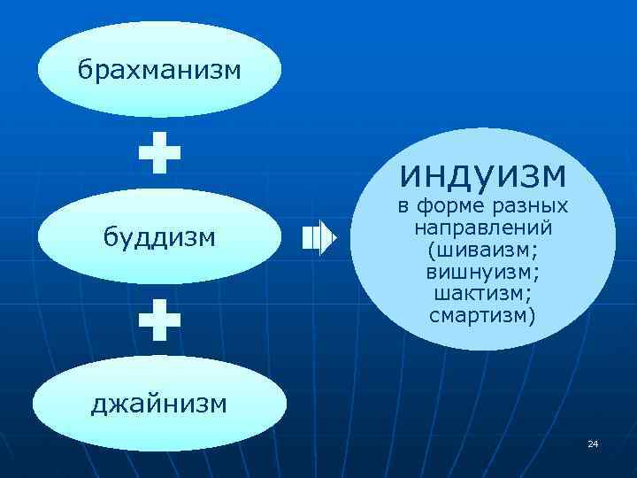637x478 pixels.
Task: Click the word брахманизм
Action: [x=158, y=69]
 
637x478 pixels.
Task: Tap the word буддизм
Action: [x=159, y=236]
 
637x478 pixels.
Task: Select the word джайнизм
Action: [x=159, y=404]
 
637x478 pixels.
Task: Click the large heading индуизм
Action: [x=482, y=173]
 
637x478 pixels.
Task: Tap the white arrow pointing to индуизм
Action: [x=318, y=237]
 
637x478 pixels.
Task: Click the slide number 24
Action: [x=593, y=443]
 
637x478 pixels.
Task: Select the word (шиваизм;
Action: [x=482, y=251]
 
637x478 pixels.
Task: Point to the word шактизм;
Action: [x=482, y=293]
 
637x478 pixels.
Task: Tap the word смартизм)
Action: [x=482, y=314]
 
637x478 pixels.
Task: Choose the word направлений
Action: [x=482, y=229]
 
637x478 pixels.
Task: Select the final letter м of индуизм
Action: [x=551, y=174]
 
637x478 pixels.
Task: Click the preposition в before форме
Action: [x=402, y=209]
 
